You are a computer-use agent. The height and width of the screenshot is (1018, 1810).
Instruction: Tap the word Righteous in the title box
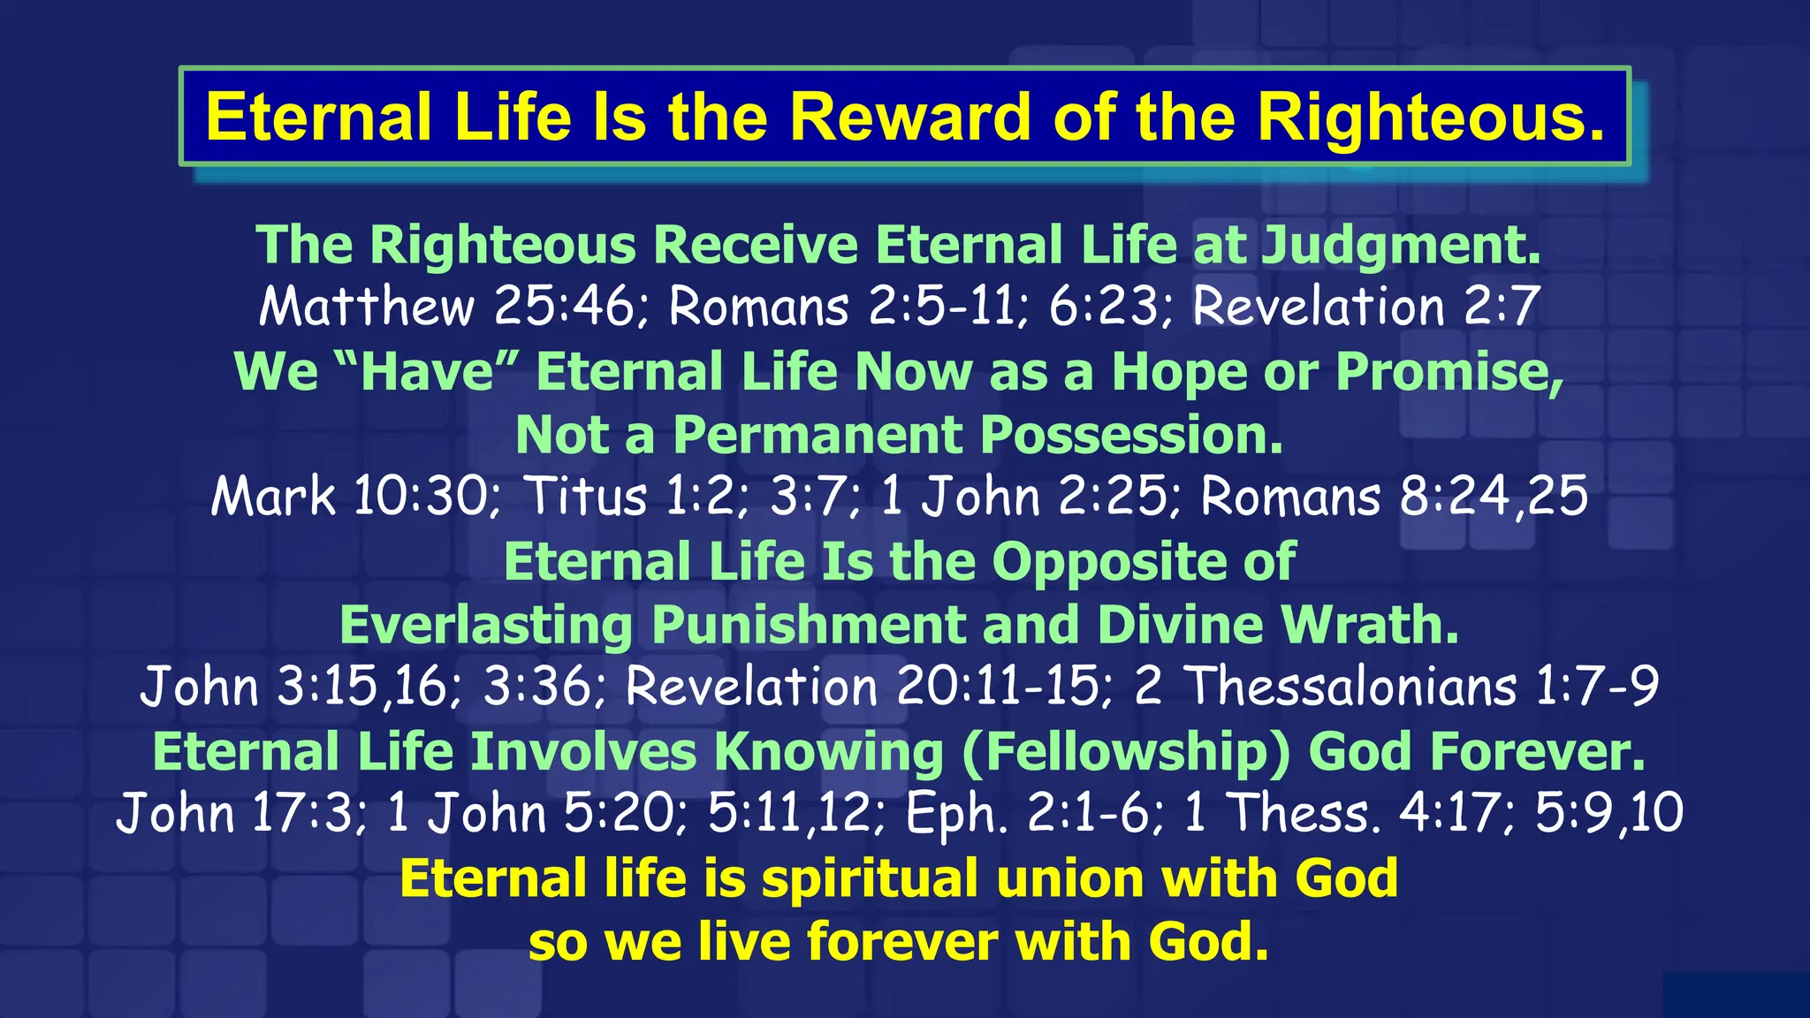(1430, 117)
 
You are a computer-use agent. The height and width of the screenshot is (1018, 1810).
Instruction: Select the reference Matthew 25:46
(446, 307)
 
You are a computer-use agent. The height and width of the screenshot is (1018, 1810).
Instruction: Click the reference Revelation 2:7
(1366, 307)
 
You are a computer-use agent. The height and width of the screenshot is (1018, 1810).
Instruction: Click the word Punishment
(808, 625)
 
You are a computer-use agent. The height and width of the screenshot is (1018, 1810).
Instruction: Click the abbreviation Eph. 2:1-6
(1032, 814)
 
